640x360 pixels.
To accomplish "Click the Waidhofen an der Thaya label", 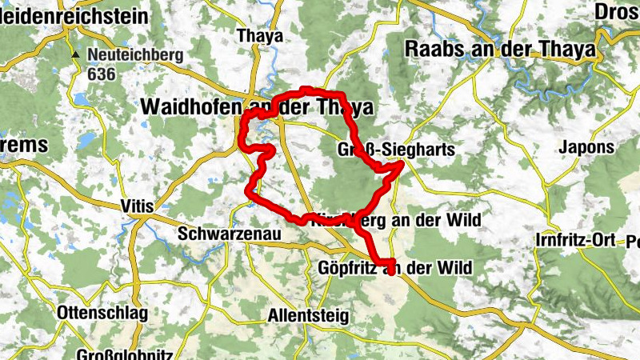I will click(x=256, y=107).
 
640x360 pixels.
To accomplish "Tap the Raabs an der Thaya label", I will click(x=501, y=48).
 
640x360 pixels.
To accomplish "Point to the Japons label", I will click(x=586, y=147).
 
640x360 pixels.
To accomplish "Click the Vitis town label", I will click(x=136, y=206).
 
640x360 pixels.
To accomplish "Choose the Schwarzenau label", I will click(x=218, y=234).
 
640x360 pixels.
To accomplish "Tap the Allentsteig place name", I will click(x=309, y=315).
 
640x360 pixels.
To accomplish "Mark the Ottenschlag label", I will click(x=102, y=313).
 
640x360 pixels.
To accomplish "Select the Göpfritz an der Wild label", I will click(x=394, y=267).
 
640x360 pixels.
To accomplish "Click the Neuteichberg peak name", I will click(x=135, y=56).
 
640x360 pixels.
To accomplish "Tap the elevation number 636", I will click(x=103, y=74).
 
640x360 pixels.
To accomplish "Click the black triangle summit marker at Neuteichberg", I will click(x=75, y=54).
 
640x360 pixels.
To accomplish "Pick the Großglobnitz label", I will click(x=120, y=354).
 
